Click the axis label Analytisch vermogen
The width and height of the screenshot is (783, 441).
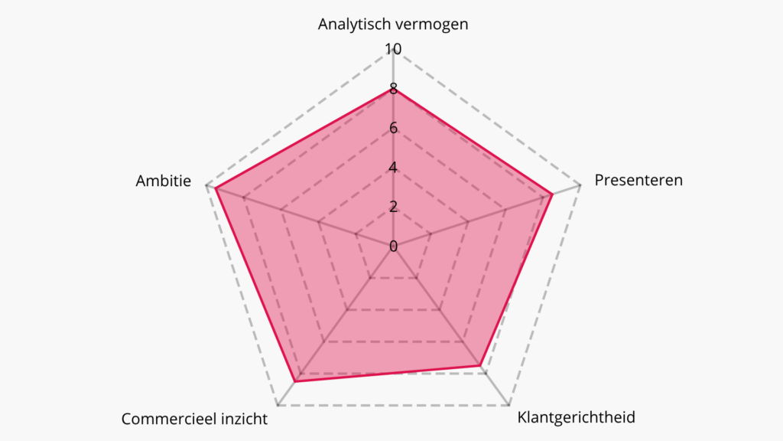point(393,24)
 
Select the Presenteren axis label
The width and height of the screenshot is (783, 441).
point(638,181)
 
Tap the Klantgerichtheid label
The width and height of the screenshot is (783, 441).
point(576,417)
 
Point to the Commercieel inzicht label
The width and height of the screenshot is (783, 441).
point(194,419)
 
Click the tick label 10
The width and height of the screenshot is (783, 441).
point(393,50)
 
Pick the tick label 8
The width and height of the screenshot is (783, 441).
point(393,90)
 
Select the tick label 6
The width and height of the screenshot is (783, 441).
point(393,128)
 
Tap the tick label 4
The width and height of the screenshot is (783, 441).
point(393,167)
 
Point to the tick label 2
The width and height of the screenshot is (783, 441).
point(393,206)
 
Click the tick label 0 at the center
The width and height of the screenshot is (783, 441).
point(393,246)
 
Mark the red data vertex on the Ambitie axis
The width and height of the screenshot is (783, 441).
point(216,188)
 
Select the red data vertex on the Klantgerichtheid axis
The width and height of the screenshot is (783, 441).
point(480,365)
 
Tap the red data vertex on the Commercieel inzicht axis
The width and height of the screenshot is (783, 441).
point(296,381)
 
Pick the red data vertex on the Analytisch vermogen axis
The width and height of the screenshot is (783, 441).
point(393,90)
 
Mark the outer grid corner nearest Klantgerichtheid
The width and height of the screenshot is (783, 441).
point(508,403)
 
